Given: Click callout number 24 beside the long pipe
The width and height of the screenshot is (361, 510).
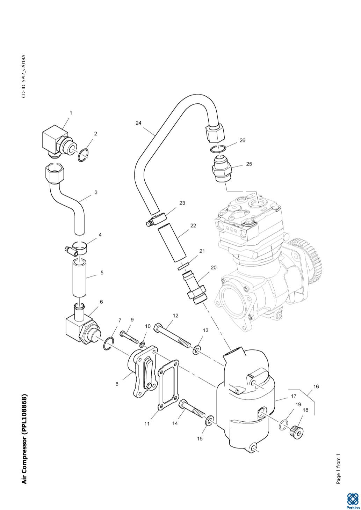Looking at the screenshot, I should click(x=139, y=123).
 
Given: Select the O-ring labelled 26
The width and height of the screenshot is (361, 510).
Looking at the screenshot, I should click(x=217, y=149).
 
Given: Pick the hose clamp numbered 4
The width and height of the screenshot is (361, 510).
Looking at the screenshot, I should click(x=79, y=249).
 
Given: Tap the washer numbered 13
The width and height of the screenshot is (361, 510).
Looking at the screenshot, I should click(x=197, y=349).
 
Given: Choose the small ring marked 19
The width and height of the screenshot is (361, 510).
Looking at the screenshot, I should click(x=283, y=425).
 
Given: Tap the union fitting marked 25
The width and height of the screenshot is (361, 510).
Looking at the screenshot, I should click(x=222, y=170).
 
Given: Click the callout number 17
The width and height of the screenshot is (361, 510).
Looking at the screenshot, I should click(x=294, y=396).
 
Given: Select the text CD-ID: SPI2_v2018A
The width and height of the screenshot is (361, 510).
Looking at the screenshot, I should click(x=23, y=76).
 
